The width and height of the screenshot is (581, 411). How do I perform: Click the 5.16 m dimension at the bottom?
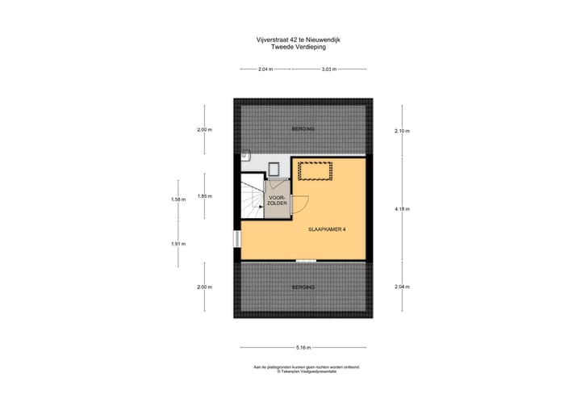pyautogui.click(x=303, y=347)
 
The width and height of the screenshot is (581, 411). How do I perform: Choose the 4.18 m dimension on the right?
pyautogui.click(x=402, y=209)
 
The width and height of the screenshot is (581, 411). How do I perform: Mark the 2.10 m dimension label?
pyautogui.click(x=402, y=131)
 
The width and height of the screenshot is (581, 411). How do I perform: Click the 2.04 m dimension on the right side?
pyautogui.click(x=402, y=287)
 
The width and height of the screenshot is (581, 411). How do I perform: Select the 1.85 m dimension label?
pyautogui.click(x=204, y=195)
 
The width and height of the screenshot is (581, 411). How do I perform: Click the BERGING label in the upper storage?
pyautogui.click(x=303, y=129)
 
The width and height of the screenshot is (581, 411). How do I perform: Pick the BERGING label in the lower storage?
pyautogui.click(x=303, y=287)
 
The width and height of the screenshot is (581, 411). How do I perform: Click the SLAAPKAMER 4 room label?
pyautogui.click(x=327, y=229)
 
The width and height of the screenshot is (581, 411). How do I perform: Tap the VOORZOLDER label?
pyautogui.click(x=278, y=200)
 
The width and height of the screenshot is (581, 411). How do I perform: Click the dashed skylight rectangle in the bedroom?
pyautogui.click(x=316, y=171)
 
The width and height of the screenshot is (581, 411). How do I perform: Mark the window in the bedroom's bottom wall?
pyautogui.click(x=305, y=260)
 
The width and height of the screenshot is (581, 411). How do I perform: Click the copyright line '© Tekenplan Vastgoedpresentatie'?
pyautogui.click(x=306, y=372)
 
